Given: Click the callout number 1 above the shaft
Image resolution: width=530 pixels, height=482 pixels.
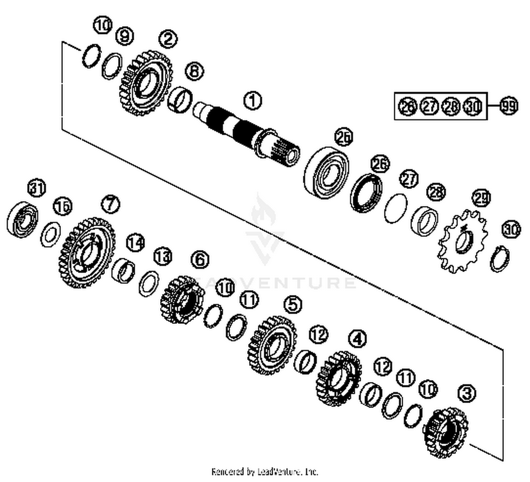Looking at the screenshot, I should (253, 101).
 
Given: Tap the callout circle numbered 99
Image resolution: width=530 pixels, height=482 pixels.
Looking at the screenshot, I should (509, 106).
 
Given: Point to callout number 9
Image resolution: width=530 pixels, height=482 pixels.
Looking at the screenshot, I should (125, 36).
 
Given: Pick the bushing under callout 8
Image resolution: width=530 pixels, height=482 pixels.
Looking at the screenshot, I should (180, 99).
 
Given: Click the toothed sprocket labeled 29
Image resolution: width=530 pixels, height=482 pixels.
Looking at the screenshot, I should (463, 241).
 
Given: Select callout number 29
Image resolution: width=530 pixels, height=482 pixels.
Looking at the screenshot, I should (481, 198).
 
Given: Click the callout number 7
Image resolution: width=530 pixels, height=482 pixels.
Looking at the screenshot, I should (111, 204).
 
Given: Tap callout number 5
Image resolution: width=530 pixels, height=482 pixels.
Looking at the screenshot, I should (293, 305).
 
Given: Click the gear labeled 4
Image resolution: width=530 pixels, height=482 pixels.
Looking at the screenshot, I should (338, 378).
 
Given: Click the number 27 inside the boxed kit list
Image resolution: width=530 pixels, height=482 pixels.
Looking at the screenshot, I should (429, 106).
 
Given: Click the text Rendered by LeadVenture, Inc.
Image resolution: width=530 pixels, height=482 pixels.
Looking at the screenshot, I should (265, 471).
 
